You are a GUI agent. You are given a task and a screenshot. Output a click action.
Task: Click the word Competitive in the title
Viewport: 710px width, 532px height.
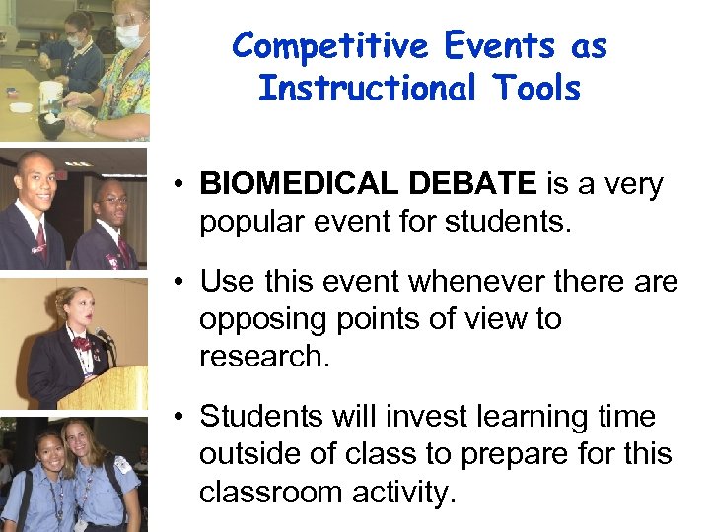[329, 45]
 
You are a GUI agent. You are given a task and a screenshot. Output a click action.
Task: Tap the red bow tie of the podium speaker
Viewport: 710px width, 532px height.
[78, 342]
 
